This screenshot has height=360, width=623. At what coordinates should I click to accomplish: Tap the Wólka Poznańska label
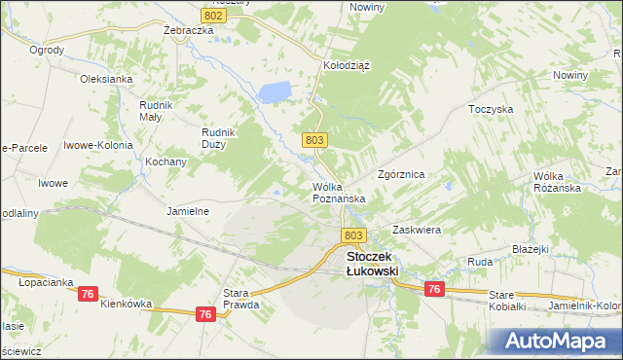tap(338, 192)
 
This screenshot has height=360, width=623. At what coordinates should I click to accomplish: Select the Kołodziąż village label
tap(346, 65)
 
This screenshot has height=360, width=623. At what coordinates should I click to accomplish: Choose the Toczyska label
tap(491, 109)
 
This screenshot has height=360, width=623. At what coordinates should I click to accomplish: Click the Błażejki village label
tap(531, 249)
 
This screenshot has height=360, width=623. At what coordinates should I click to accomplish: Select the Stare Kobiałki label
tap(507, 300)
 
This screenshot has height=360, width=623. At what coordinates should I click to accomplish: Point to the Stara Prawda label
tap(241, 299)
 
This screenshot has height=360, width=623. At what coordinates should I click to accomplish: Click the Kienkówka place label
tap(126, 304)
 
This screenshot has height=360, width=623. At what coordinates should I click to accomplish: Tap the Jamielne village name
tap(189, 210)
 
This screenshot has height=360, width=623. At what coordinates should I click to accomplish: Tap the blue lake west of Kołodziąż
tap(275, 92)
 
